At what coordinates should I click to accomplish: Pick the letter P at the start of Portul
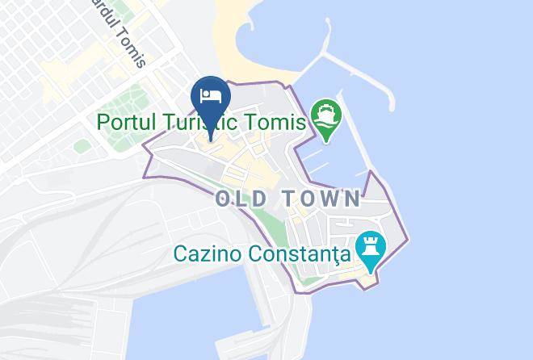(103, 123)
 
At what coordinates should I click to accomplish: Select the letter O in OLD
(224, 198)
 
